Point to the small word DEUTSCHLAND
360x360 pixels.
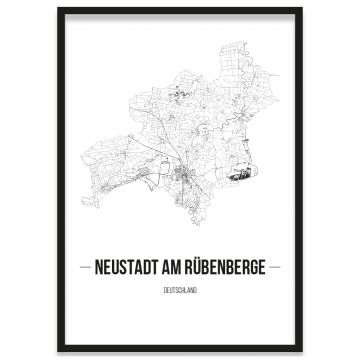tap(180, 290)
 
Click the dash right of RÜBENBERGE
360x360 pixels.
tap(274, 267)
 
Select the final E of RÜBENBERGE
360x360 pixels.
tap(261, 267)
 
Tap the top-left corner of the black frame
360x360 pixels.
tap(59, 9)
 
